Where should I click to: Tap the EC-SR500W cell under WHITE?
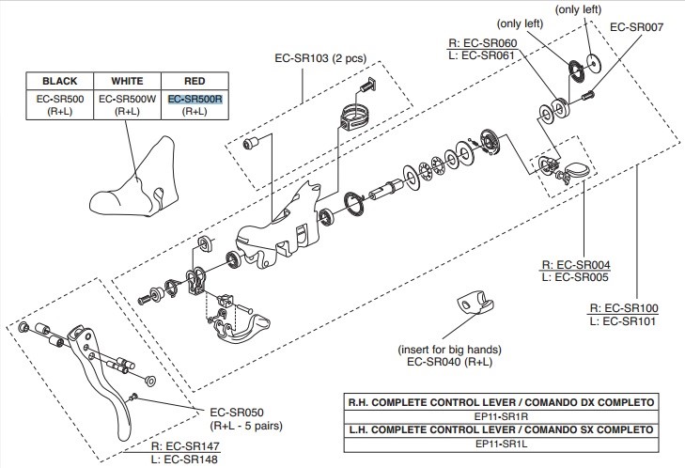coord(127,98)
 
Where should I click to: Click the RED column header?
coord(195,81)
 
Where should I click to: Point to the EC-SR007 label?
coord(637,27)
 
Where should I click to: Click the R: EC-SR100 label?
coord(625,308)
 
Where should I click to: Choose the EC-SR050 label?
coord(231,412)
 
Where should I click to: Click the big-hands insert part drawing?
coord(472,304)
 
